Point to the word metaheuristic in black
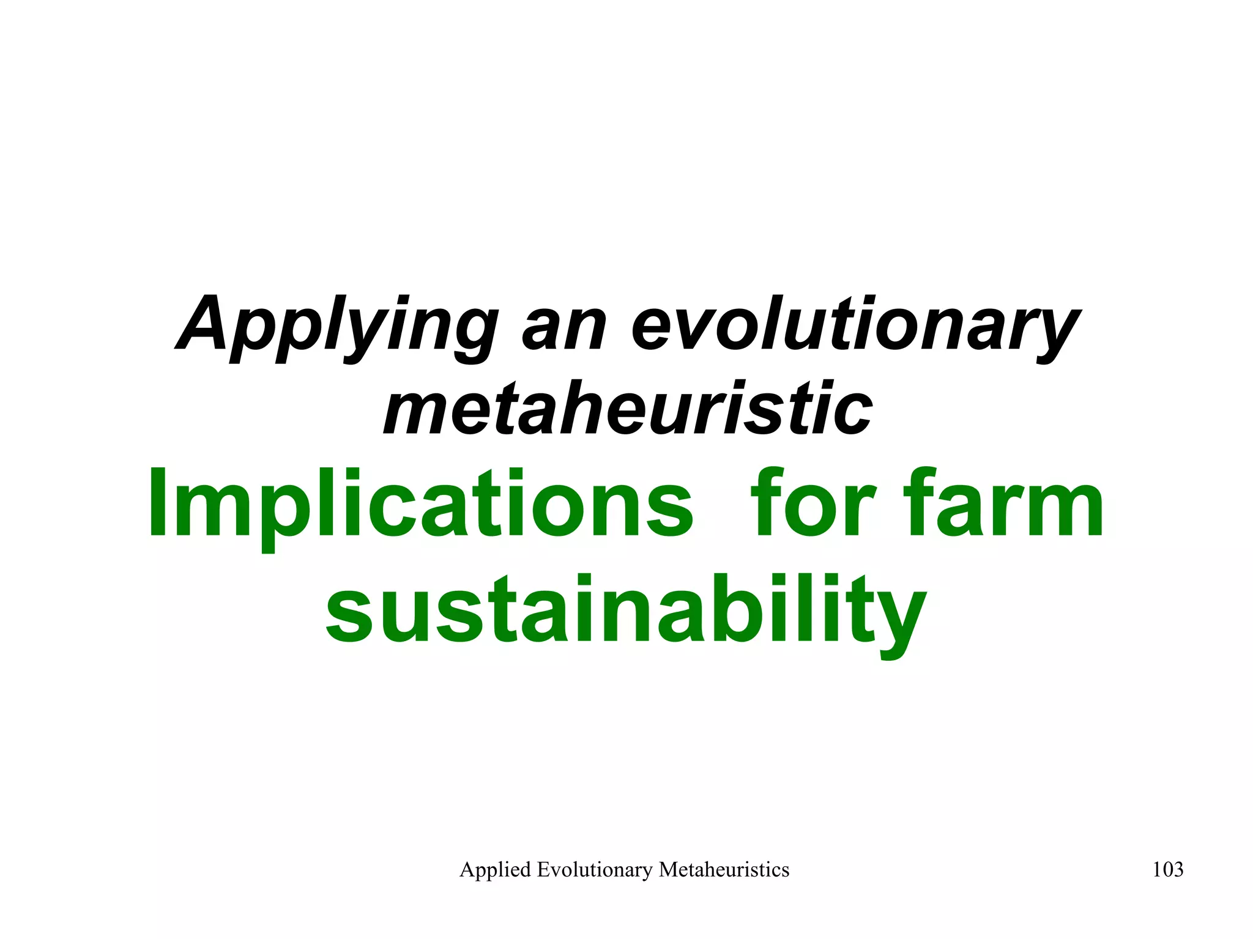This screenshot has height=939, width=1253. pyautogui.click(x=628, y=407)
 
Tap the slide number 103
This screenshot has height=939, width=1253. pyautogui.click(x=1167, y=869)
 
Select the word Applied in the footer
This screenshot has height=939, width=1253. pyautogui.click(x=495, y=870)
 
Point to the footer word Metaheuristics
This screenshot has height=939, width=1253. pyautogui.click(x=724, y=869)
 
